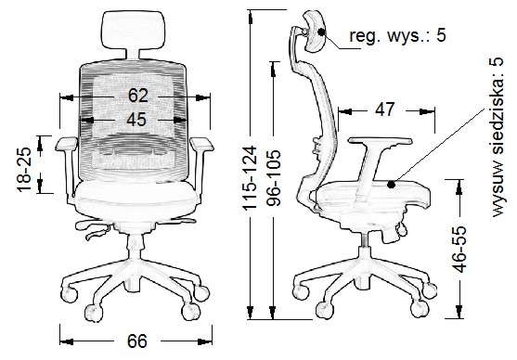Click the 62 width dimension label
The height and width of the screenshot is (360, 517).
[138, 96]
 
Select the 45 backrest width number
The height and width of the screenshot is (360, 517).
[136, 120]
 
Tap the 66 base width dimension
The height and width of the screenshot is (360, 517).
[136, 341]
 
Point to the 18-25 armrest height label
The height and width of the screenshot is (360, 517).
[24, 170]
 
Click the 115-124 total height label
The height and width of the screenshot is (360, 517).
[250, 177]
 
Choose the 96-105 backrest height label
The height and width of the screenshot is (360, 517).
[273, 178]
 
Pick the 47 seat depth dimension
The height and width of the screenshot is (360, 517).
[384, 109]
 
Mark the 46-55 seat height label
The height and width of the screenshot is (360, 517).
[459, 250]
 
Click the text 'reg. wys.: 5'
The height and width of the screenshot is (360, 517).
[397, 35]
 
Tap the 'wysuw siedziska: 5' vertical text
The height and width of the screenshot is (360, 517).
[498, 137]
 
